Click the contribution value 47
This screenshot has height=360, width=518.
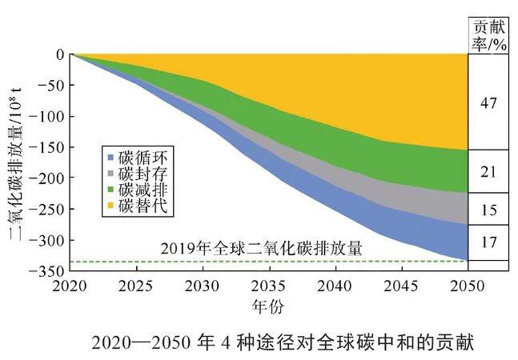(x=489, y=103)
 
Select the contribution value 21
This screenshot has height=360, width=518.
(x=489, y=171)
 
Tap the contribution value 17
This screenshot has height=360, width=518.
(x=489, y=242)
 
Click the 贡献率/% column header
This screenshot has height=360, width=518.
(x=489, y=34)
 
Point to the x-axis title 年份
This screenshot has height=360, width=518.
(x=269, y=305)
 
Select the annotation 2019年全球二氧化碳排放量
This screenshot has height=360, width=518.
(x=262, y=249)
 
